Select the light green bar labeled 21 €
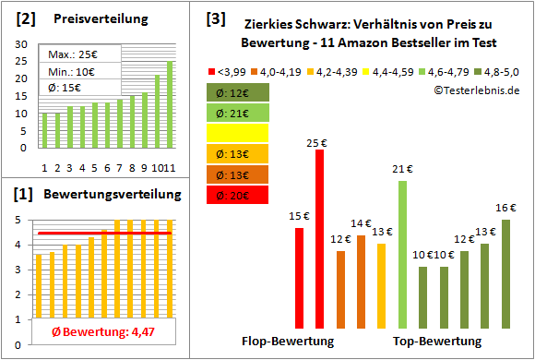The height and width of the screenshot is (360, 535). pos(402,254)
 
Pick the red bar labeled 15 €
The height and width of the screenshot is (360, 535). pos(300,277)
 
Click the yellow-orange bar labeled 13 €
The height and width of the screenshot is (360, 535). pos(382,285)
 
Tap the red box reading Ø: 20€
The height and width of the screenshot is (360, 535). pos(239,194)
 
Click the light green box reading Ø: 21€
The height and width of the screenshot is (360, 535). pos(239,113)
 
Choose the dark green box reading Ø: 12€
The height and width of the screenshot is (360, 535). pos(239,92)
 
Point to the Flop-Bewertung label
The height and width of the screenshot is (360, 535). pos(287,342)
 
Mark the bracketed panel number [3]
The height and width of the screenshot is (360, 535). pos(216,18)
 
